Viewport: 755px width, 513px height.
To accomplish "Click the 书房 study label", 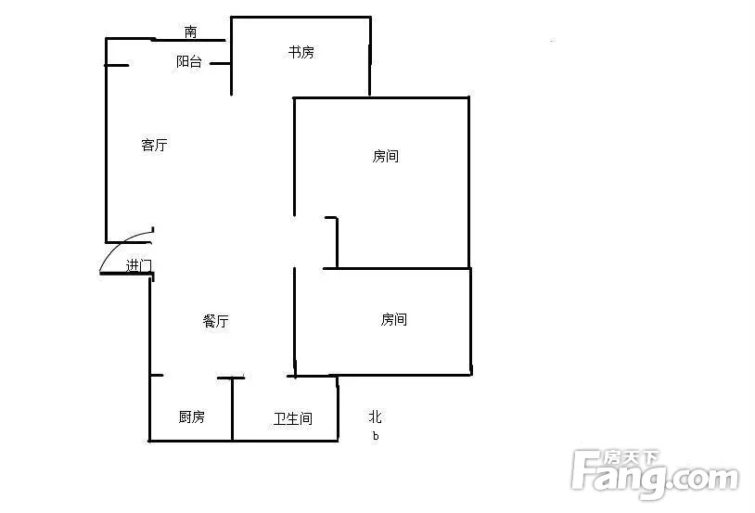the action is tap(301, 52).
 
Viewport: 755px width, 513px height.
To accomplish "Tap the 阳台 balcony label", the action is tap(189, 61).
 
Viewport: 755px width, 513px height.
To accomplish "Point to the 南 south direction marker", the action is tap(191, 32).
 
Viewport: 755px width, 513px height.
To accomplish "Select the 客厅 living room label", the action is tap(154, 145).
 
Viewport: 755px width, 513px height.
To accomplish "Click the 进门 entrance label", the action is tap(139, 265).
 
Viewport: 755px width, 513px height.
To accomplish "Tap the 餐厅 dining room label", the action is tap(215, 321).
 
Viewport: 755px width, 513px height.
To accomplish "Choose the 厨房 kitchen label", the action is tap(192, 417).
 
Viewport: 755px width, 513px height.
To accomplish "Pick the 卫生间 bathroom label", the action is tap(293, 418).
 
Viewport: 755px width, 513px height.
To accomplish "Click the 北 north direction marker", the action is tap(375, 417).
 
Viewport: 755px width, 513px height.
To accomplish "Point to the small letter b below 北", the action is tap(376, 436).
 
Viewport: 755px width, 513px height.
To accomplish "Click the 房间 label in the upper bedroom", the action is tap(385, 156).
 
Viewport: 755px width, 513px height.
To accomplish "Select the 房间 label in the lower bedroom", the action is tap(394, 319).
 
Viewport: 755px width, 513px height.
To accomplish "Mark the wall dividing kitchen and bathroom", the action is tap(232, 409).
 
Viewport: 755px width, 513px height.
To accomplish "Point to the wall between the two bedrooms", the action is tap(396, 268).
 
